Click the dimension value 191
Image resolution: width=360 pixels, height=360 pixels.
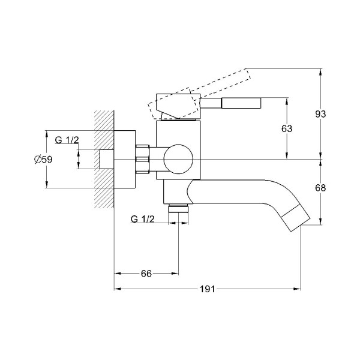(207, 289)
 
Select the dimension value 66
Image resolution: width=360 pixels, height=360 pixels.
(146, 274)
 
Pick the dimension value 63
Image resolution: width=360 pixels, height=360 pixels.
(287, 128)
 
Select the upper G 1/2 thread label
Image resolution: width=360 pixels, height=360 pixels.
(67, 140)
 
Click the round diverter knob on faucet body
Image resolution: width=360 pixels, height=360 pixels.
(178, 159)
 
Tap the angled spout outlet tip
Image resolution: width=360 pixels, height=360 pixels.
(296, 217)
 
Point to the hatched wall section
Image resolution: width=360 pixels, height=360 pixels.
(104, 159)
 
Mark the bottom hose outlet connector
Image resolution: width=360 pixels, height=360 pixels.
(178, 208)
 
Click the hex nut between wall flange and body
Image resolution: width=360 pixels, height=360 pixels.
(143, 159)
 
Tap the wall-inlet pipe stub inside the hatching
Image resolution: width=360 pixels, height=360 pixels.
(107, 159)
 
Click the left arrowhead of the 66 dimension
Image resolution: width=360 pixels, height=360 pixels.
(118, 274)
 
